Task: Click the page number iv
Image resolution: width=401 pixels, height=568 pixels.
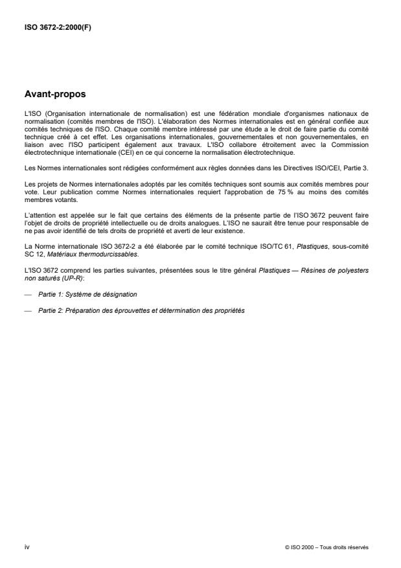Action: tap(27, 547)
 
